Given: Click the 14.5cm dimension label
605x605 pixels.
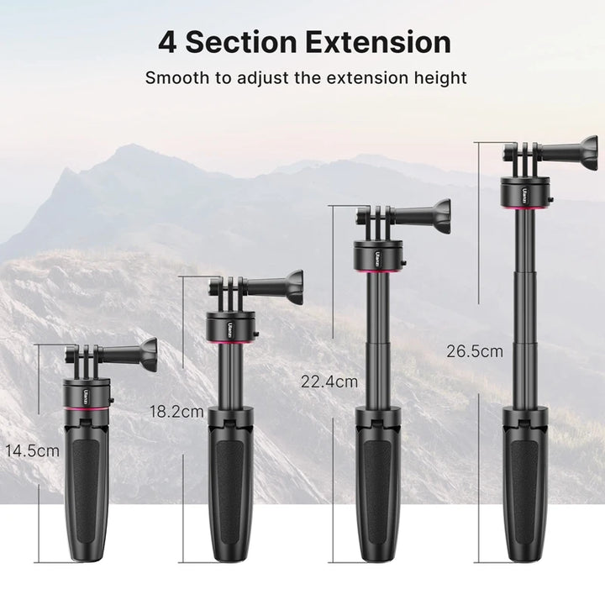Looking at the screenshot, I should click(x=32, y=450).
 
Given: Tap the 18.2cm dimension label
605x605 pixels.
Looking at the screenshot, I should click(x=176, y=412).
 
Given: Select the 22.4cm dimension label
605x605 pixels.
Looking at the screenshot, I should click(x=329, y=381).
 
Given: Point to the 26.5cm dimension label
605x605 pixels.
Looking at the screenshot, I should click(x=475, y=351).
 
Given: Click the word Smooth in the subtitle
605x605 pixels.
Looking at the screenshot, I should click(x=175, y=79).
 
